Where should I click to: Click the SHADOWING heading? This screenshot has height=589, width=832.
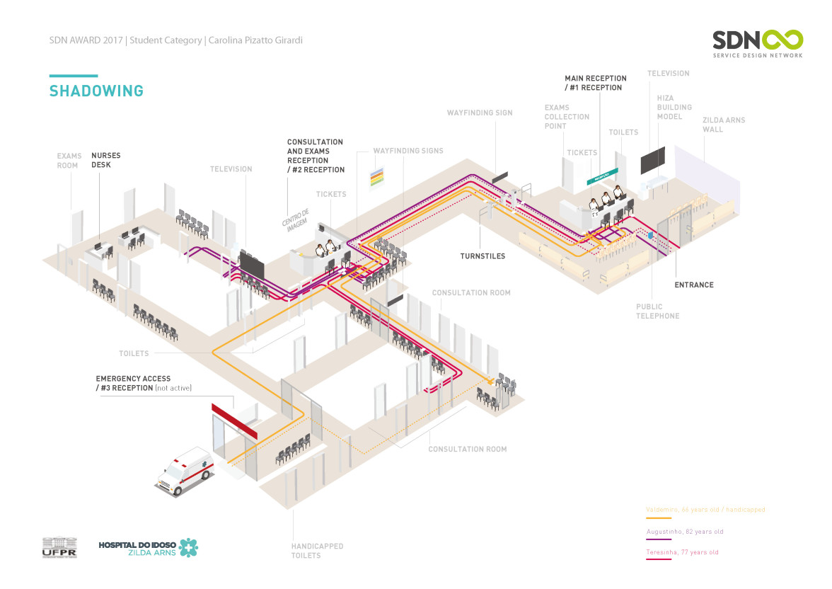tap(96, 91)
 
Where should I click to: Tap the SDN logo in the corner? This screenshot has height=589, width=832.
tap(757, 43)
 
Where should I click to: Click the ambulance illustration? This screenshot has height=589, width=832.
tap(184, 470)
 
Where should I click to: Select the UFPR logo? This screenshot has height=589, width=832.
tap(59, 547)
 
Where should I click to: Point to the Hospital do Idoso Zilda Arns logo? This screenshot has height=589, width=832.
tap(148, 547)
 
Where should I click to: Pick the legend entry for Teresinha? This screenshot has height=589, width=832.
tap(682, 552)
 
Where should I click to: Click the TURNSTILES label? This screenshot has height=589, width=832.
tap(483, 256)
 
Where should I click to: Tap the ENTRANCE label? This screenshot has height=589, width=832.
tap(693, 285)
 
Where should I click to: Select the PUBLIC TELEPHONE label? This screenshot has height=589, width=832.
tap(657, 311)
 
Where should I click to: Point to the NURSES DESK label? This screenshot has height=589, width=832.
tap(105, 160)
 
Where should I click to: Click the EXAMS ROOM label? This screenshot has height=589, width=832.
tap(69, 160)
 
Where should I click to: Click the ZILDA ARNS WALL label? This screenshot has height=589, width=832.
tap(723, 125)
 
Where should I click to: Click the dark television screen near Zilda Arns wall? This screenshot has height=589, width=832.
tap(653, 160)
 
